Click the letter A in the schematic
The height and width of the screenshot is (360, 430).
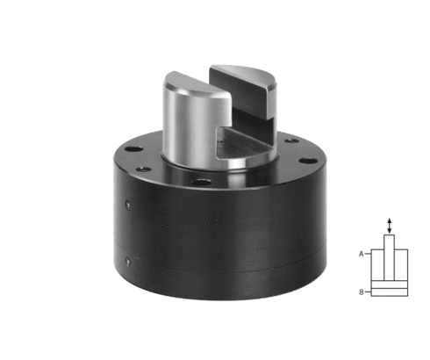[x=362, y=254]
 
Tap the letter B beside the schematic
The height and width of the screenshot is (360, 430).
[x=362, y=292]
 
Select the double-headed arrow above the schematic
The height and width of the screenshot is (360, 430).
[x=389, y=226]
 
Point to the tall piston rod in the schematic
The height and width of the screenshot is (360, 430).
[x=389, y=257]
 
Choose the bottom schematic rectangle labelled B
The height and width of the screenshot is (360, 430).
[x=390, y=292]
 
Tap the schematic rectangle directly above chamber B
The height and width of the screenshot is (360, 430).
[x=390, y=284]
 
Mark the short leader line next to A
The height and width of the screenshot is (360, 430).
[x=368, y=254]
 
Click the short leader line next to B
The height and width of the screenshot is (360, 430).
[x=368, y=292]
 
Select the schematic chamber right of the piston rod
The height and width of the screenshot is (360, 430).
[x=401, y=265]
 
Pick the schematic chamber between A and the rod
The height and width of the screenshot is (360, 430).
[x=377, y=265]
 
